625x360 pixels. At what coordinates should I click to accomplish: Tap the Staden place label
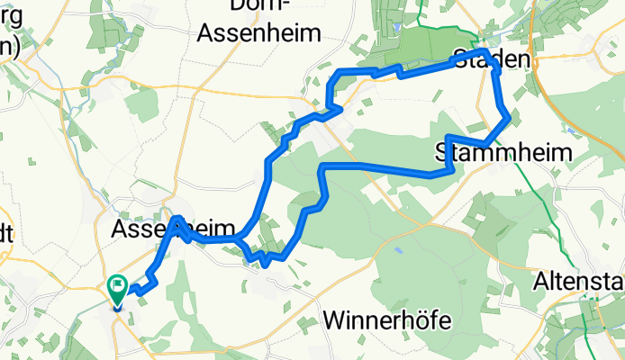tap(491, 60)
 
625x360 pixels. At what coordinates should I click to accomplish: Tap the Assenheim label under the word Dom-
tap(259, 34)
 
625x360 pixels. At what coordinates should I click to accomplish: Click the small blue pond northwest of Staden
tap(396, 28)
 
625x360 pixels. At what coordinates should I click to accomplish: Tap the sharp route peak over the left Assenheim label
tap(177, 219)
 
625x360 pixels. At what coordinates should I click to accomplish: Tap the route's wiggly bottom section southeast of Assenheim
tap(266, 259)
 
